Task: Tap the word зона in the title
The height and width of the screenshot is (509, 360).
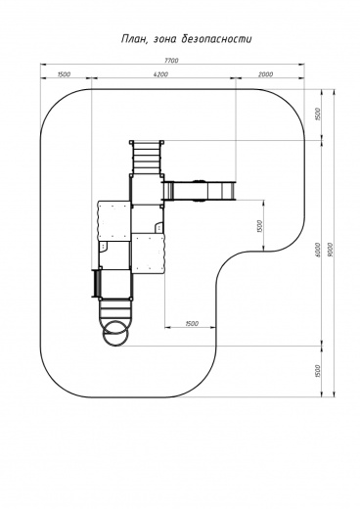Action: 164,40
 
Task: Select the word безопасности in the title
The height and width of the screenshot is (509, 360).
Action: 216,39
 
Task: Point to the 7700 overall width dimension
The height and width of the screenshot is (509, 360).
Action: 171,61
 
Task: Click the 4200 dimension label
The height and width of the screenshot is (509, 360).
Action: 160,74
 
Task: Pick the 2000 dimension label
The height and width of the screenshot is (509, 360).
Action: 266,74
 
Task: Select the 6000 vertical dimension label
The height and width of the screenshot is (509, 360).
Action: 318,250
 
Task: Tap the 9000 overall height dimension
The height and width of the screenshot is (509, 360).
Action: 330,250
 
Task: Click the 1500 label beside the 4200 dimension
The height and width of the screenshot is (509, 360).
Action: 64,74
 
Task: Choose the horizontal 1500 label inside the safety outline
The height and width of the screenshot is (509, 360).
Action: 192,323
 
